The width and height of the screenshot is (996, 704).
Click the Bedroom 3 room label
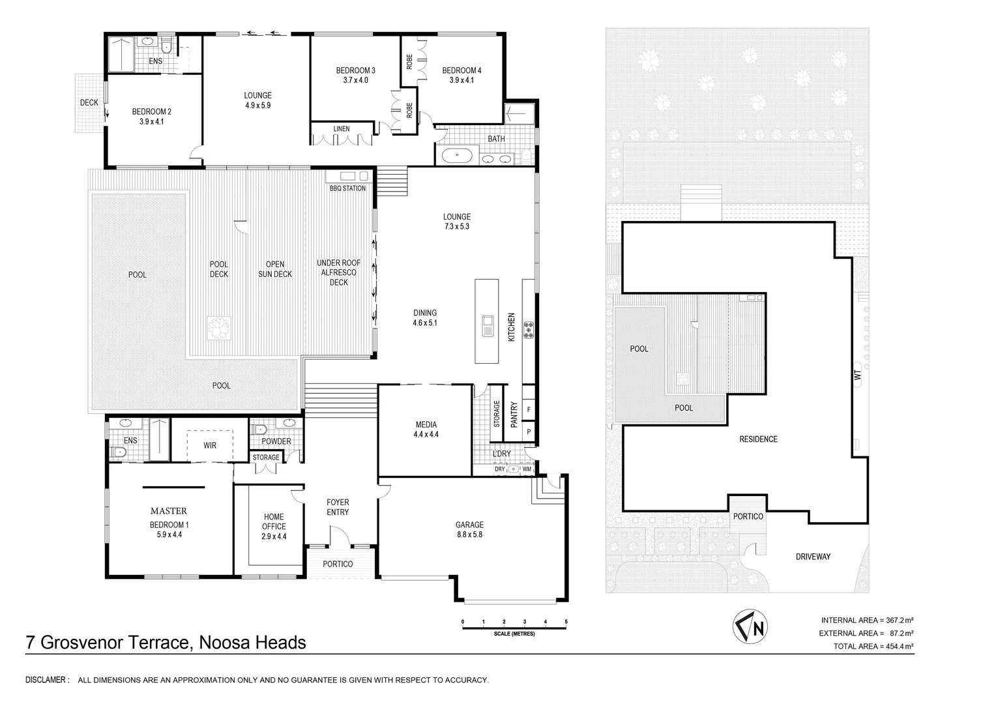pyautogui.click(x=355, y=70)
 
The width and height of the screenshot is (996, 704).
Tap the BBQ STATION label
pyautogui.click(x=347, y=188)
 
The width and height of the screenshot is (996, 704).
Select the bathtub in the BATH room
pyautogui.click(x=457, y=156)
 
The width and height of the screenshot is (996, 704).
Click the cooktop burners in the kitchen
pyautogui.click(x=527, y=330)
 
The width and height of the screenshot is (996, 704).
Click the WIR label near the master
pyautogui.click(x=209, y=446)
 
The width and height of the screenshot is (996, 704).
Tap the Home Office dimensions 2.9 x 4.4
pyautogui.click(x=274, y=536)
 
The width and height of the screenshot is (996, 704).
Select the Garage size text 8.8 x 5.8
pyautogui.click(x=469, y=535)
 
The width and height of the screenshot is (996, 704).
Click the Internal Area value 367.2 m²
pyautogui.click(x=898, y=620)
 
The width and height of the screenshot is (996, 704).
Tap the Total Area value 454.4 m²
pyautogui.click(x=898, y=646)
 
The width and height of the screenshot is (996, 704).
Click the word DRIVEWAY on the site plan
pyautogui.click(x=813, y=557)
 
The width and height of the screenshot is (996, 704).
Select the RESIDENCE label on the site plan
pyautogui.click(x=758, y=439)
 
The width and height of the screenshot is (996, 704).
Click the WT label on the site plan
pyautogui.click(x=857, y=375)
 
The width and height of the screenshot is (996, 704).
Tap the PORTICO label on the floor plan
pyautogui.click(x=338, y=564)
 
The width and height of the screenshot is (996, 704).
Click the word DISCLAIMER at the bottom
pyautogui.click(x=46, y=680)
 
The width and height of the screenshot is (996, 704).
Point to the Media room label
pyautogui.click(x=426, y=425)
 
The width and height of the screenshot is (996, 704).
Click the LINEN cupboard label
pyautogui.click(x=342, y=129)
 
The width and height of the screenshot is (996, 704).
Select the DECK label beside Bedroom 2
pyautogui.click(x=89, y=102)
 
